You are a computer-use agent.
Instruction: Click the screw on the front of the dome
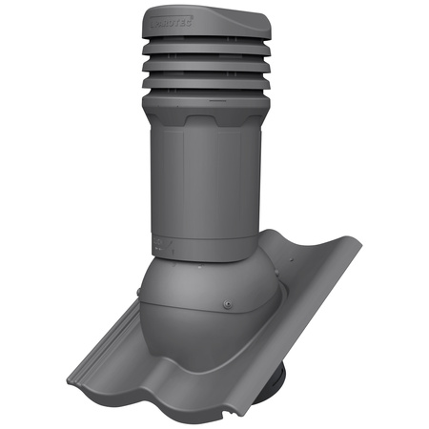pyautogui.click(x=225, y=306)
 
